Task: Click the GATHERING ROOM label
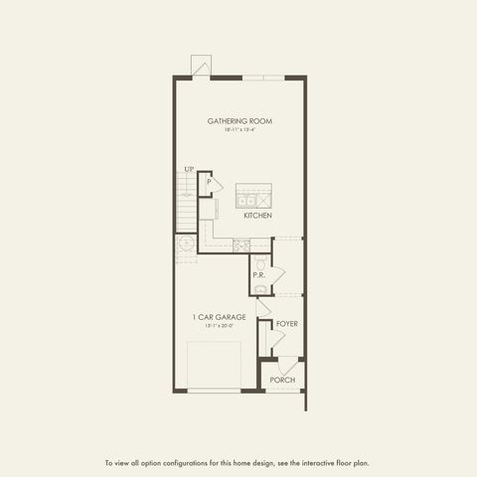click(x=239, y=121)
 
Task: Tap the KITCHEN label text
click(x=258, y=215)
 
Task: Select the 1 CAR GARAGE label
click(x=219, y=317)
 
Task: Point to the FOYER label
click(x=287, y=324)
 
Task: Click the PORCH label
click(x=283, y=380)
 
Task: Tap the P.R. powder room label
click(x=258, y=274)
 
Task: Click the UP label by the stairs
click(x=188, y=169)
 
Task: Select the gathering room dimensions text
click(x=239, y=130)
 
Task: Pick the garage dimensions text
click(x=219, y=326)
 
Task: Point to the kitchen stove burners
click(x=239, y=244)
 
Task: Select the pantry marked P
click(x=209, y=183)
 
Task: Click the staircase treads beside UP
click(x=186, y=203)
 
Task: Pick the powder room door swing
click(x=277, y=273)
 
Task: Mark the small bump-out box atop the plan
click(x=202, y=67)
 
